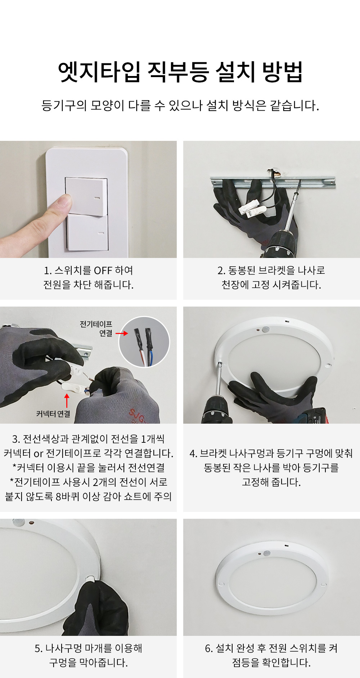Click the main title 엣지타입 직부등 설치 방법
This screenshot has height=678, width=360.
(x=180, y=72)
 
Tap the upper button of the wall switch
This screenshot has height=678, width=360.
(x=86, y=196)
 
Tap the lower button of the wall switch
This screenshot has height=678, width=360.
(x=87, y=233)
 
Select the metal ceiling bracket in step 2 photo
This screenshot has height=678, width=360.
(x=273, y=182)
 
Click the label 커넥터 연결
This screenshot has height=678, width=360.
(x=53, y=414)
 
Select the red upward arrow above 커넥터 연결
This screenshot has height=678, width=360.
(x=67, y=401)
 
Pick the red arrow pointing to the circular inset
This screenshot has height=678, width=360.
(x=122, y=333)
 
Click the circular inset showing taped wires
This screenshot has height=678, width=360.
(x=144, y=342)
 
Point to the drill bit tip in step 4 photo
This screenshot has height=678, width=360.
(x=219, y=364)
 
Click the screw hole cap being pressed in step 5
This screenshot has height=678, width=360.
(x=90, y=579)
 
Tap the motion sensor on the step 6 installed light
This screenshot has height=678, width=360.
(x=266, y=553)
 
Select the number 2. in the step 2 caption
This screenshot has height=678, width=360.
(x=221, y=271)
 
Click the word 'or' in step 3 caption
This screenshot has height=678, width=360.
(x=39, y=454)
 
